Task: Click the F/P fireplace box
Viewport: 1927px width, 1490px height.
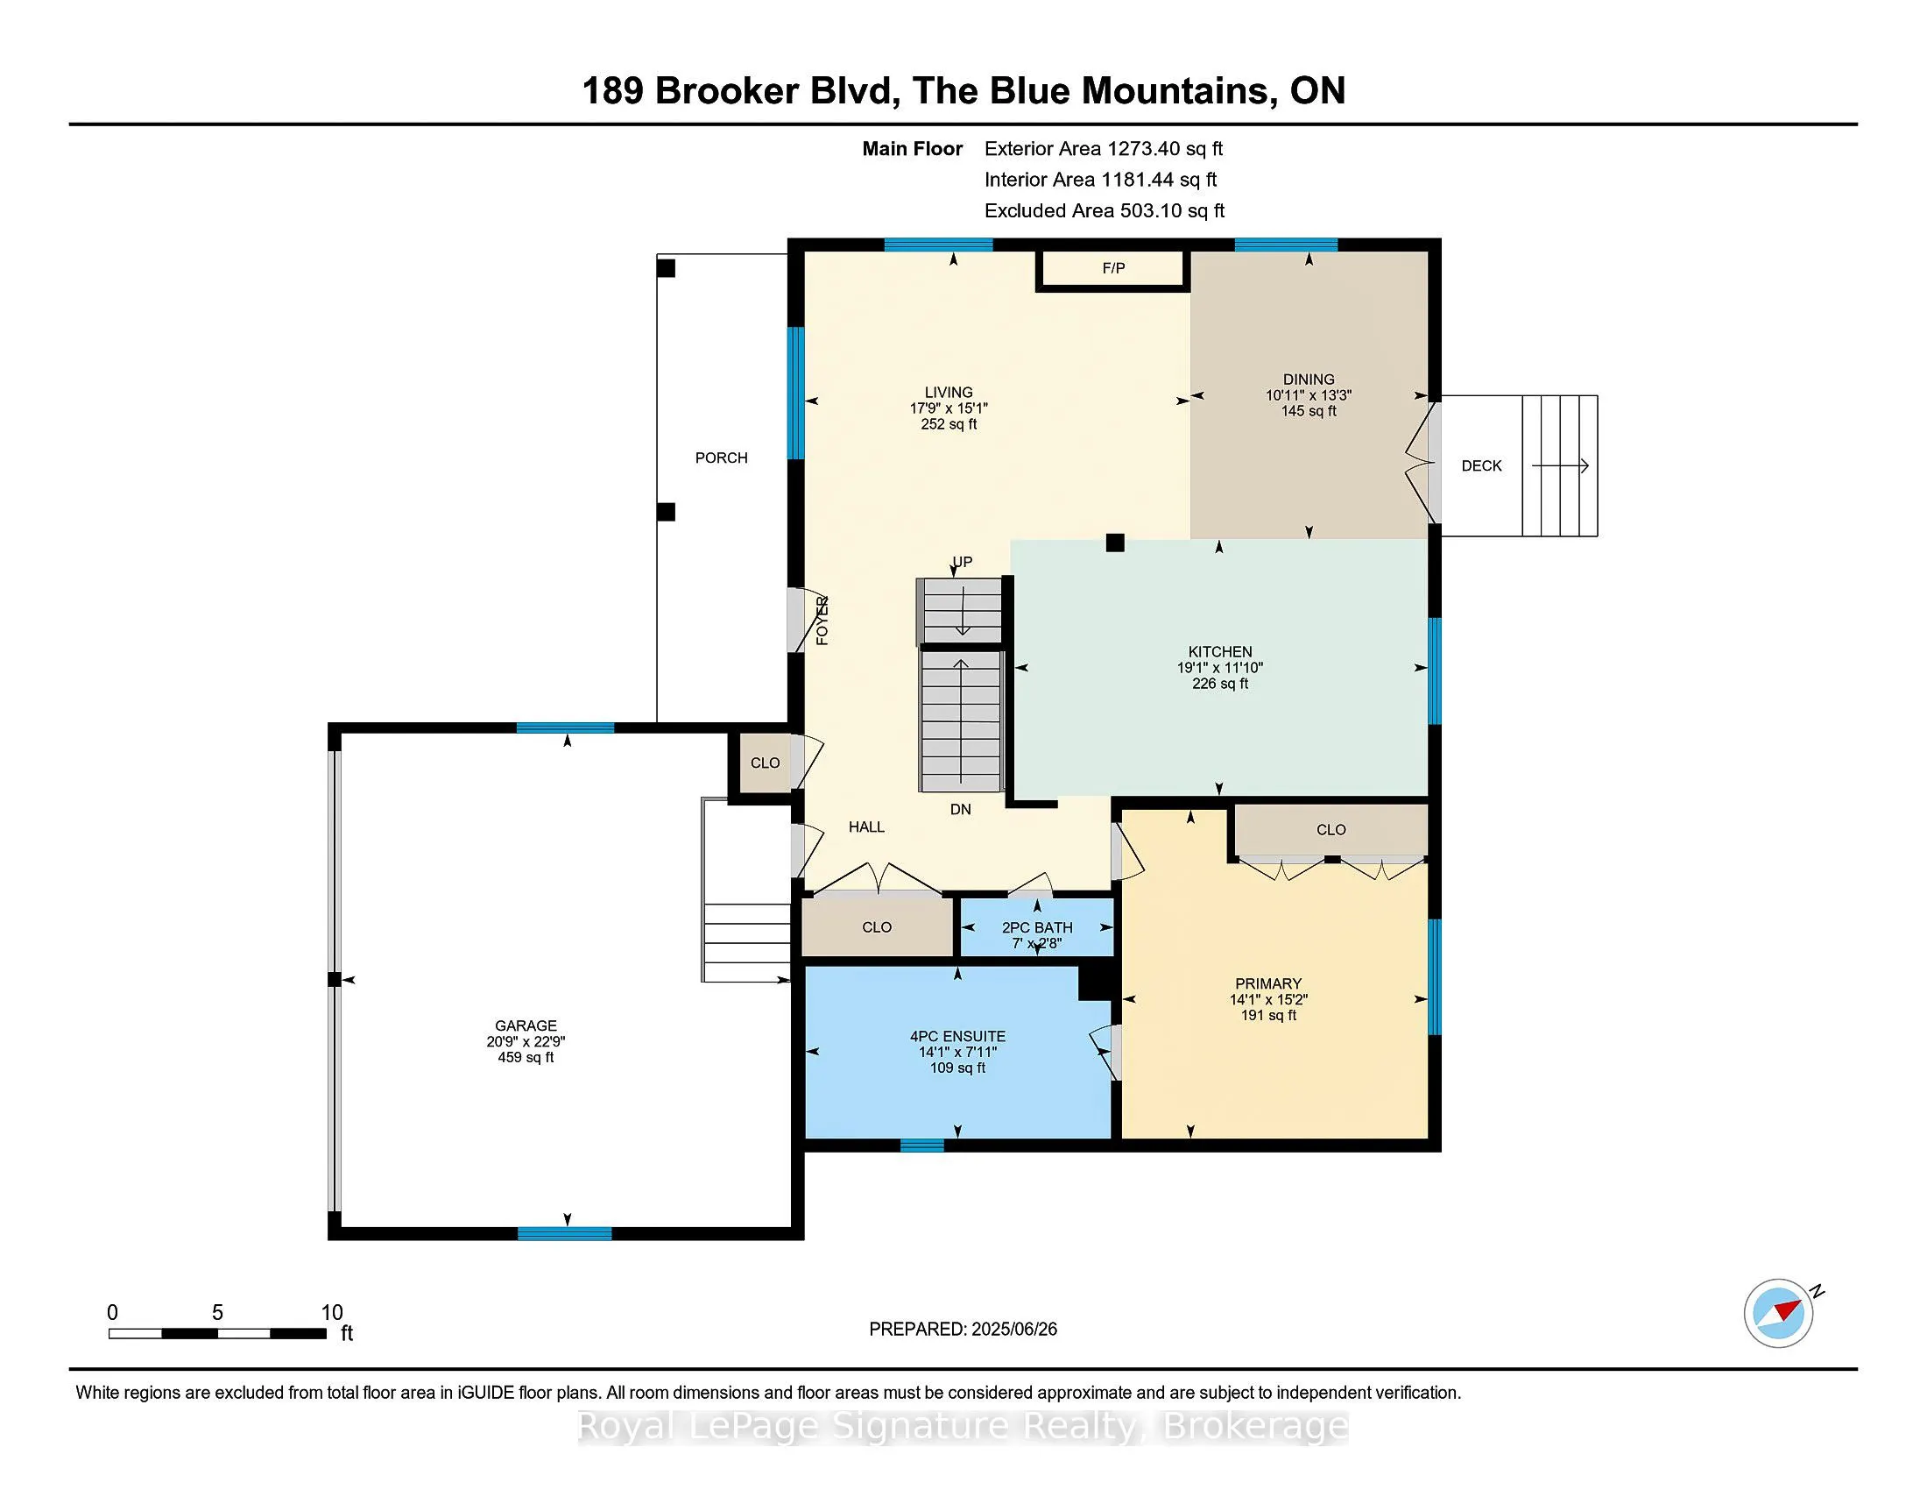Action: click(x=1112, y=269)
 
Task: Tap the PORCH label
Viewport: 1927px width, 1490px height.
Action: click(x=721, y=458)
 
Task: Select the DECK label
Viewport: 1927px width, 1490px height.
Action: click(x=1481, y=465)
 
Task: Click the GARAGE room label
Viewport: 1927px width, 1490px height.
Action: click(x=526, y=1025)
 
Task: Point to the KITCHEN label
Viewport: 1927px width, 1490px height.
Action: click(x=1219, y=651)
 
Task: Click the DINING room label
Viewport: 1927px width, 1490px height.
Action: click(x=1309, y=380)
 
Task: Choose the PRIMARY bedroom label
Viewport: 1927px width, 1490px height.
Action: click(x=1268, y=983)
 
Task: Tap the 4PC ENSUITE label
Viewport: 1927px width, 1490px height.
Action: click(x=957, y=1036)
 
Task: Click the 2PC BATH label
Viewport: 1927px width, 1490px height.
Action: click(x=1037, y=927)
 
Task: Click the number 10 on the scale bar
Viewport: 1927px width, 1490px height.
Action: click(x=332, y=1313)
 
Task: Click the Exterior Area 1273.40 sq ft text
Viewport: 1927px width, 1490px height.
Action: click(x=1103, y=148)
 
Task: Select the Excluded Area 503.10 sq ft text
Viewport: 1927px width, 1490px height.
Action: click(x=1104, y=210)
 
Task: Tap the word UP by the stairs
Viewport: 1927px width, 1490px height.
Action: click(x=962, y=563)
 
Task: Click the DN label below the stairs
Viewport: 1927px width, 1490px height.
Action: click(x=960, y=810)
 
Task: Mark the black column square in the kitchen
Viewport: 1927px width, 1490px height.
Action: click(x=1115, y=543)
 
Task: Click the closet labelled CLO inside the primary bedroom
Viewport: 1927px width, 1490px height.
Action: click(x=1331, y=830)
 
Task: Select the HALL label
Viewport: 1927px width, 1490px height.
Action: click(x=866, y=827)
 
